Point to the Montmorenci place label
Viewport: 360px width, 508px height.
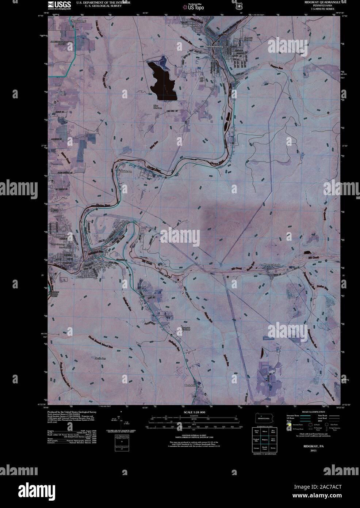80,21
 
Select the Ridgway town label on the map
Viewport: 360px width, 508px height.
104,266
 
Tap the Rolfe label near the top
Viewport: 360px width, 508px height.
194,25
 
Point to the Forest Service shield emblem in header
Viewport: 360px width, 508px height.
239,6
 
